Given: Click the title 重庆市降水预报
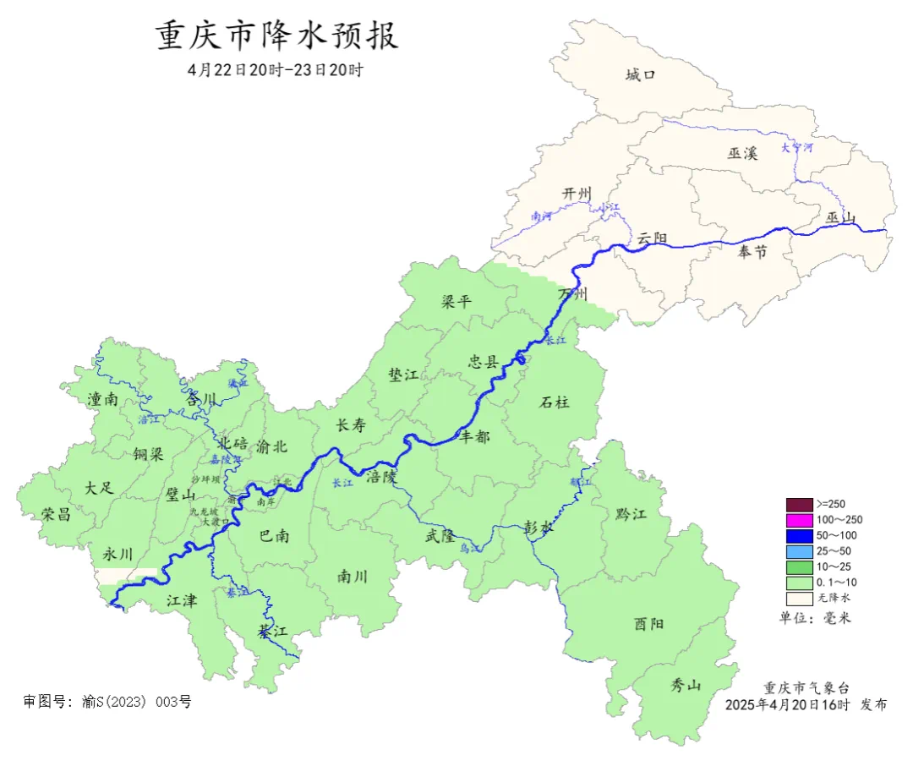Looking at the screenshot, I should point(276,36).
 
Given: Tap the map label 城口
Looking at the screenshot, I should point(640,75).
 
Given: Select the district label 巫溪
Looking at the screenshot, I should point(742,153).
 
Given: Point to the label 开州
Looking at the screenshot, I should point(578,194).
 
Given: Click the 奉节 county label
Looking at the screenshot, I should point(751,251).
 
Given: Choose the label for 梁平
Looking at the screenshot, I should point(457,302).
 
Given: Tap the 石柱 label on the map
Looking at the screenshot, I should point(554,402).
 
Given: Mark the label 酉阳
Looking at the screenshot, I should point(648,624).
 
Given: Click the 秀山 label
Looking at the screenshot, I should point(686,684).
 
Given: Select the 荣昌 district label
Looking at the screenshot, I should point(57,514).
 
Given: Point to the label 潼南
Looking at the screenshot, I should point(102,399).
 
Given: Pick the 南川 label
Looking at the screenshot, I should point(353,577).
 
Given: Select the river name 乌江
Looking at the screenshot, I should point(470,549).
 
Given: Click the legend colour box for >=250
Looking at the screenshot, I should point(799,504).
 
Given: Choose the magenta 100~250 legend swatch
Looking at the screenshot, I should point(799,519).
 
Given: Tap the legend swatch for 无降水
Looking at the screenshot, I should point(799,598).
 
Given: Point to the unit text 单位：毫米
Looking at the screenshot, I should point(815,618).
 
